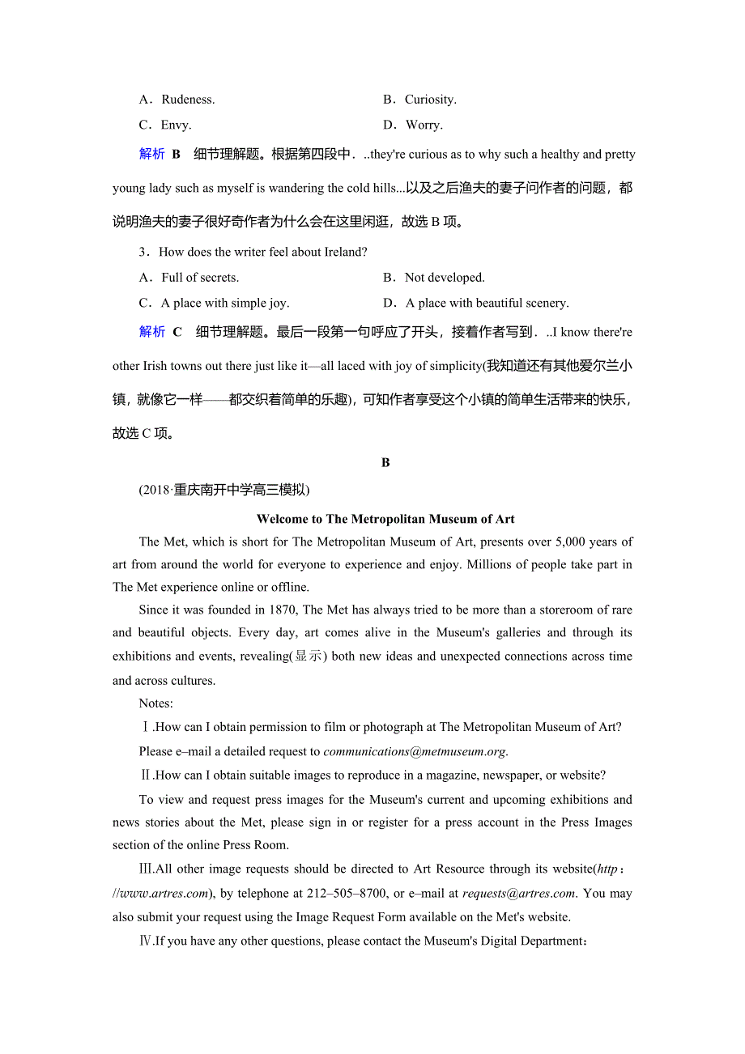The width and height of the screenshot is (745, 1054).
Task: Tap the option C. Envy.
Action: tap(165, 125)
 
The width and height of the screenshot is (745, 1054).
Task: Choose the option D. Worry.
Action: tap(413, 125)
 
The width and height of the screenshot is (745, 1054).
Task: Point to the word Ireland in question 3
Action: tap(344, 252)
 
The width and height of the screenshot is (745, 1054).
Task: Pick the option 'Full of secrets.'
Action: tap(199, 278)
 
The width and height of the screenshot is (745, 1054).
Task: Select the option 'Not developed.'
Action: tap(444, 278)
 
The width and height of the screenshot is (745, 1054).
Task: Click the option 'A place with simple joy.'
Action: tap(224, 303)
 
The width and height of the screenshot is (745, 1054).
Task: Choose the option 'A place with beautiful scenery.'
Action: tap(487, 303)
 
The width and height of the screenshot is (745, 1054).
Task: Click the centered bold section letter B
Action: tap(385, 463)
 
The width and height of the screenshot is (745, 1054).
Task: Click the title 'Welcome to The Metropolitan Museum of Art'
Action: tap(385, 520)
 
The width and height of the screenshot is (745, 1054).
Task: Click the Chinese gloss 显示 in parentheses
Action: tap(308, 657)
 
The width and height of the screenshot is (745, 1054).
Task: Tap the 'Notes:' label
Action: tap(155, 703)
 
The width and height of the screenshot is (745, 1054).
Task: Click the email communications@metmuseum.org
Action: tap(415, 751)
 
